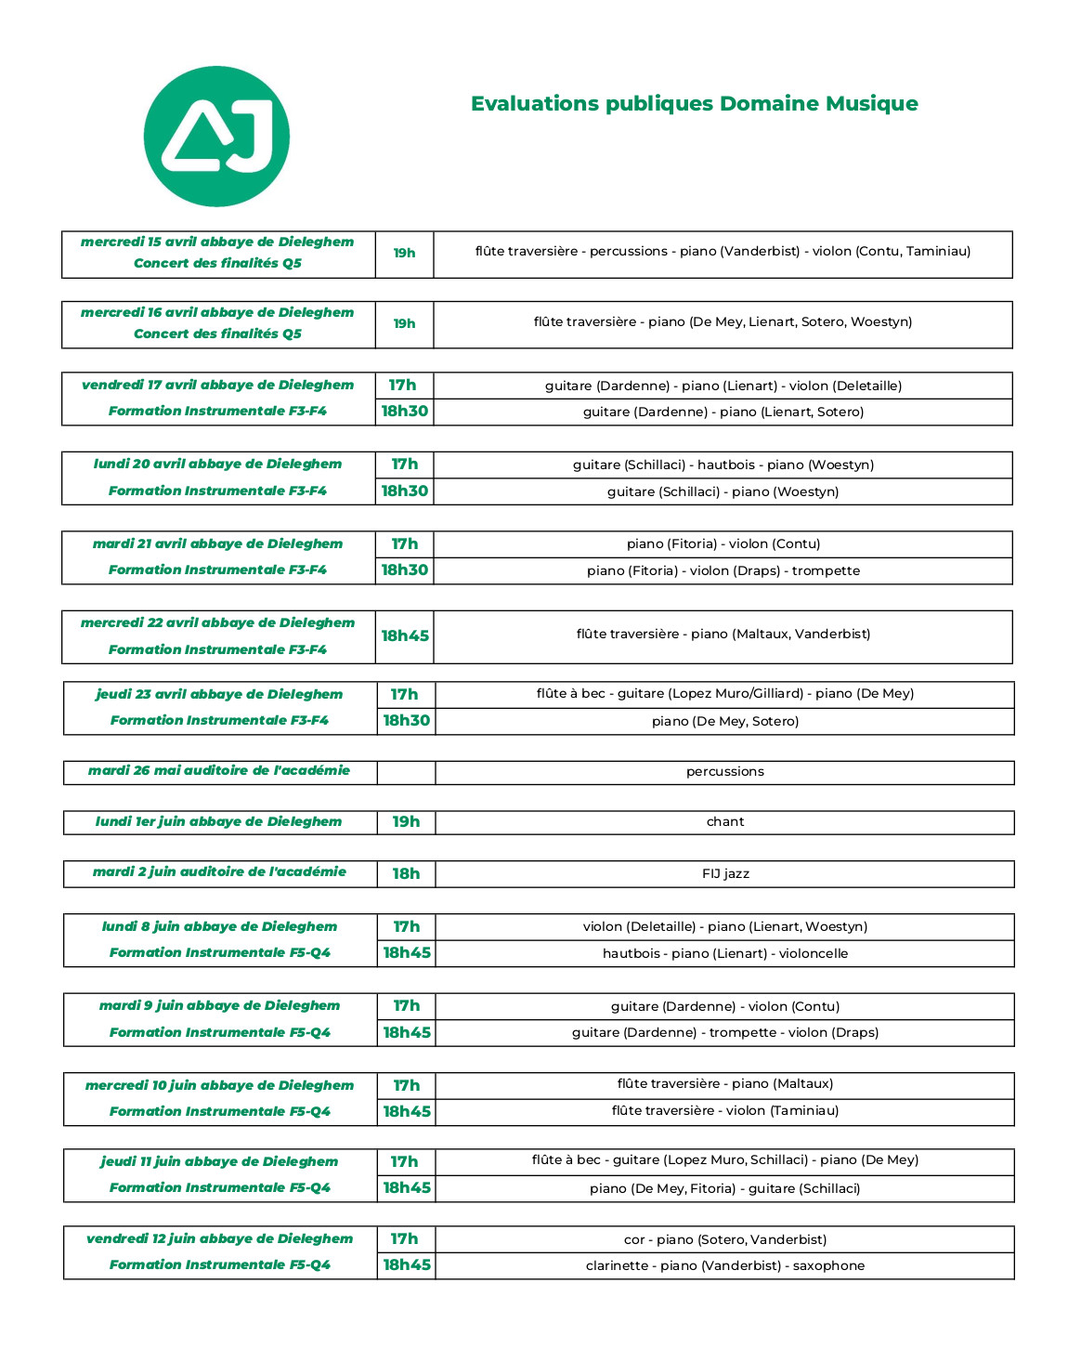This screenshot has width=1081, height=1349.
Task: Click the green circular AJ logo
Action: click(216, 137)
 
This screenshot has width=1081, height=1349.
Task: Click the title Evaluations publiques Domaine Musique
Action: click(694, 103)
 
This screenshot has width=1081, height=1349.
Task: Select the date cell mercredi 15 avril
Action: click(217, 242)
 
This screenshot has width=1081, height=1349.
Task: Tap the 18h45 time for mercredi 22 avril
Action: click(405, 636)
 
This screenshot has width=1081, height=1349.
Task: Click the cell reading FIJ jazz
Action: click(724, 873)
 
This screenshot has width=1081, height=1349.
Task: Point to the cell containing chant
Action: click(724, 822)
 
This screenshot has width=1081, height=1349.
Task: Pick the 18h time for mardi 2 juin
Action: click(406, 873)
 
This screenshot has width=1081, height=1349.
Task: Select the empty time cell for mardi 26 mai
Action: click(406, 772)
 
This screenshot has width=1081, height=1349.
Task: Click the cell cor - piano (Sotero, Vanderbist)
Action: click(724, 1239)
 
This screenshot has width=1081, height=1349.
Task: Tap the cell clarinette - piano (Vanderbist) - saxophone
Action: click(724, 1265)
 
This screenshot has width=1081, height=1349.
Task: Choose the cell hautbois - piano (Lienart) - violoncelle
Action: click(724, 953)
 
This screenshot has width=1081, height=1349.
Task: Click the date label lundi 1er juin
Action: click(218, 822)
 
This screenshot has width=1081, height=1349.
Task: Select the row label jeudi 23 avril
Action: click(219, 695)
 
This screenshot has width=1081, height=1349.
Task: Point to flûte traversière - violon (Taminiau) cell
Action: click(724, 1111)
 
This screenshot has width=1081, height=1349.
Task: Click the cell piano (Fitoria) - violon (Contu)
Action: click(723, 544)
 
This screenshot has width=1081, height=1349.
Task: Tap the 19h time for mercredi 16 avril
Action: click(404, 324)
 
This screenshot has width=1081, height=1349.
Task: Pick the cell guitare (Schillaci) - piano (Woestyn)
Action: click(723, 491)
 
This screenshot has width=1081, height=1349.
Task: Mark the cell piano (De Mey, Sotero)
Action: click(724, 721)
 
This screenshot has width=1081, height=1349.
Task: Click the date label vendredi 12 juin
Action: click(219, 1239)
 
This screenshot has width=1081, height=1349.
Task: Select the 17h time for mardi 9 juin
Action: click(406, 1006)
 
